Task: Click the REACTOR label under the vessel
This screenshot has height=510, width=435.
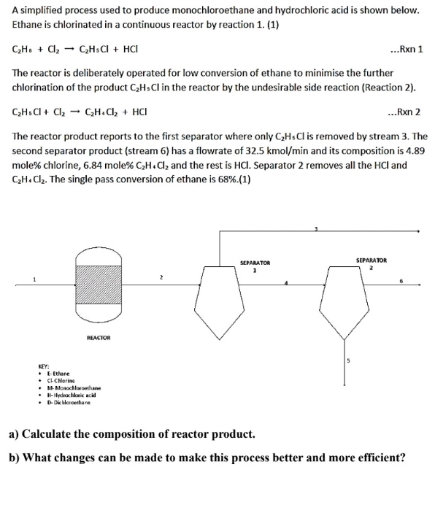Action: (99, 338)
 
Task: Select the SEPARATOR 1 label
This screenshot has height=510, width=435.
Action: (255, 266)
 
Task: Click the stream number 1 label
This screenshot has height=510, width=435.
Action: (33, 278)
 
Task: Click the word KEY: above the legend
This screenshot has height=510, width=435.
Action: (44, 368)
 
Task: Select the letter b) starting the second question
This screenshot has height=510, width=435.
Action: (13, 458)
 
